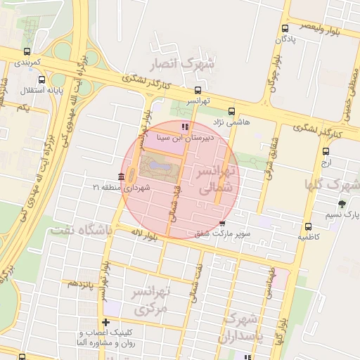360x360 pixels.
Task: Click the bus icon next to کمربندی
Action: [27, 51]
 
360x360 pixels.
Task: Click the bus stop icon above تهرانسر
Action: [198, 90]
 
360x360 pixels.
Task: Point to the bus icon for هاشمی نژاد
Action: [232, 110]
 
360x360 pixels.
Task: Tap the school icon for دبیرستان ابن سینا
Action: [185, 127]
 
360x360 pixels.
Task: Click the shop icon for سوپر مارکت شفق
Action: [222, 223]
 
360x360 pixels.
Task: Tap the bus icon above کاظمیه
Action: [308, 226]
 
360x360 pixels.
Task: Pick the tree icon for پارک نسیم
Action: [342, 203]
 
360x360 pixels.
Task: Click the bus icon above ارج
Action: [326, 151]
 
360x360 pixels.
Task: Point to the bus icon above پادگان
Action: [285, 29]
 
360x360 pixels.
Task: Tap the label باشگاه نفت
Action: [77, 229]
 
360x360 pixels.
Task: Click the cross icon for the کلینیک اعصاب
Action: [105, 322]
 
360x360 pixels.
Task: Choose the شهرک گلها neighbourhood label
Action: [332, 185]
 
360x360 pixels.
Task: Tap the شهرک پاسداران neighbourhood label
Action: [239, 328]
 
